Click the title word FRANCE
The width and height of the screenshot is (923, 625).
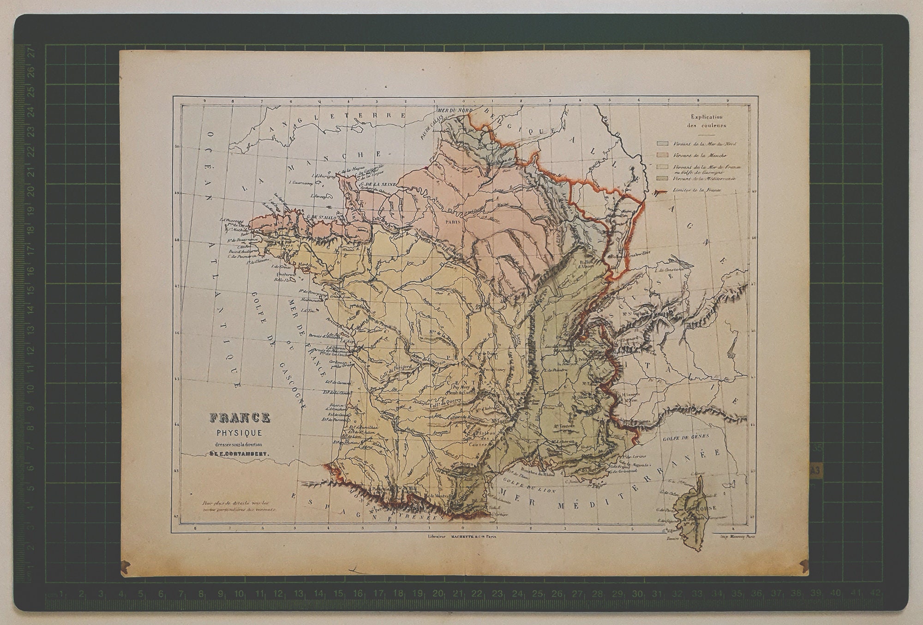(x=240, y=418)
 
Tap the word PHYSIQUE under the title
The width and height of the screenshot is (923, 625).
(x=240, y=433)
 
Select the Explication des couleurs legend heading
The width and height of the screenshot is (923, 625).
(x=707, y=121)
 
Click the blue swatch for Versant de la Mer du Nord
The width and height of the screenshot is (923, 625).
(x=663, y=144)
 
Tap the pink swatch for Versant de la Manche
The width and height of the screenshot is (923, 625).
(x=663, y=156)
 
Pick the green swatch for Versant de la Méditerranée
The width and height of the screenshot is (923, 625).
(x=663, y=178)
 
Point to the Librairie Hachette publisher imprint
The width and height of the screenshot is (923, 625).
(x=462, y=536)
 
